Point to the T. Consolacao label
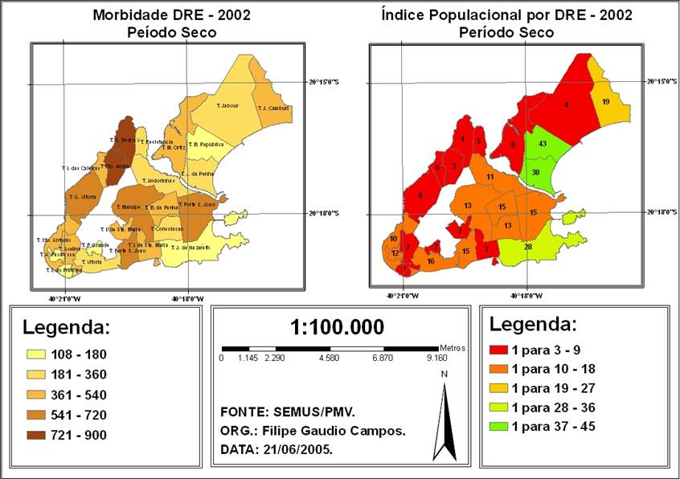tap(167, 228)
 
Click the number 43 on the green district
tap(543, 143)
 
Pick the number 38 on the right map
tap(535, 172)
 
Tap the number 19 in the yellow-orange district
tap(605, 101)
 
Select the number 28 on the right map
tap(527, 247)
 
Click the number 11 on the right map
tap(490, 177)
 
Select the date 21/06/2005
tap(293, 451)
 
